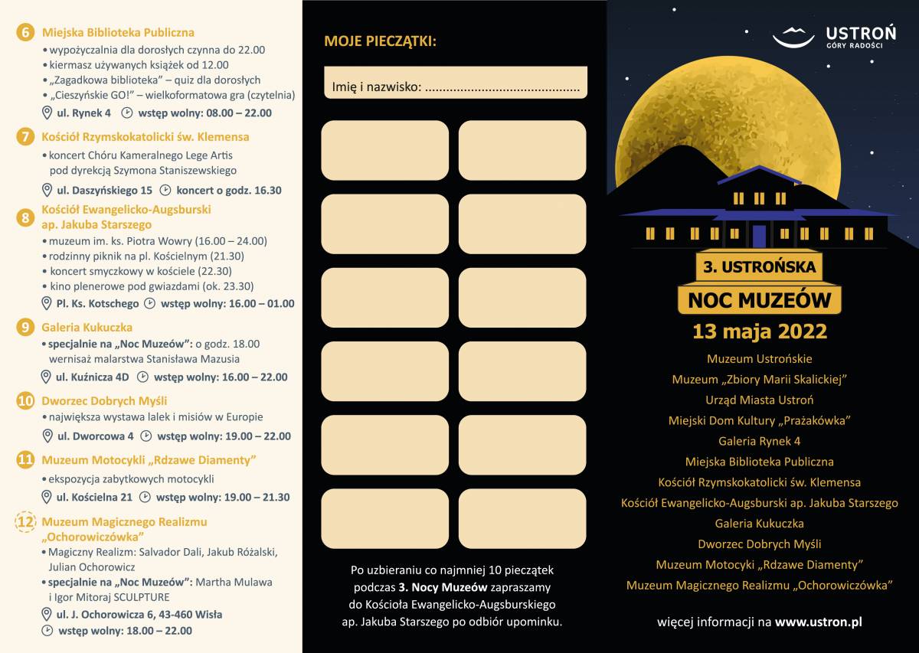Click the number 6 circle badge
tap(26, 32)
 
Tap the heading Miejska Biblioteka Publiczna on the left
tap(118, 32)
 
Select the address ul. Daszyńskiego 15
tap(104, 190)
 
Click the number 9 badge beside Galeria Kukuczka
tap(26, 327)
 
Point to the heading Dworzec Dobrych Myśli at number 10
tap(104, 400)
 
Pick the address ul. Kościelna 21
tap(94, 497)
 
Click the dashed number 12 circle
tap(26, 522)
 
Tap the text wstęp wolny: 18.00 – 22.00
tap(126, 631)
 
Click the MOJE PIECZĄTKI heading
tap(380, 41)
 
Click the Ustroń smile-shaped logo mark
tap(793, 36)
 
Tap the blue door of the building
tap(759, 235)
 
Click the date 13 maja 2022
tap(760, 331)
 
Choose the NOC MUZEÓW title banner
tap(759, 299)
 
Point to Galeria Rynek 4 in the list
tap(759, 441)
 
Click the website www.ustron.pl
tap(818, 622)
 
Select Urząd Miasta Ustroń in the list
tap(759, 400)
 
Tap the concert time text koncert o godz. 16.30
tap(229, 190)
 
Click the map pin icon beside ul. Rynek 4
tap(47, 113)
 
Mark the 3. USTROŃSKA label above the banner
tap(759, 268)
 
